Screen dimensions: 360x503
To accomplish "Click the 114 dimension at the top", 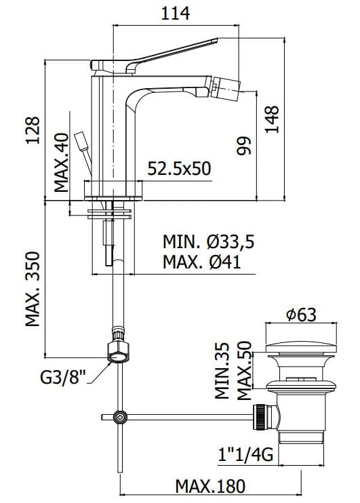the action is tap(175, 14).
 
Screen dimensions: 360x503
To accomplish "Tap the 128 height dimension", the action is tap(33, 130).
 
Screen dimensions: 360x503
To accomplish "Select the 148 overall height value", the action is tap(273, 119).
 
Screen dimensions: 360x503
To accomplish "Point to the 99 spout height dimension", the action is tap(243, 146).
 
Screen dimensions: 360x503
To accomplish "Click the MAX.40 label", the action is tap(61, 162).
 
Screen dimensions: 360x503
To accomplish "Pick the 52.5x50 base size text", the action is tap(180, 168).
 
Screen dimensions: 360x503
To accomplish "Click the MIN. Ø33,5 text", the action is tap(209, 241).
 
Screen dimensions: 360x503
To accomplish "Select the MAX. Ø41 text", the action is tap(202, 262).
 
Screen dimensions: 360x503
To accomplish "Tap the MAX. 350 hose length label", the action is tap(33, 289).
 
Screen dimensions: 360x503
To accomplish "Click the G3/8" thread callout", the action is tap(64, 378).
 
